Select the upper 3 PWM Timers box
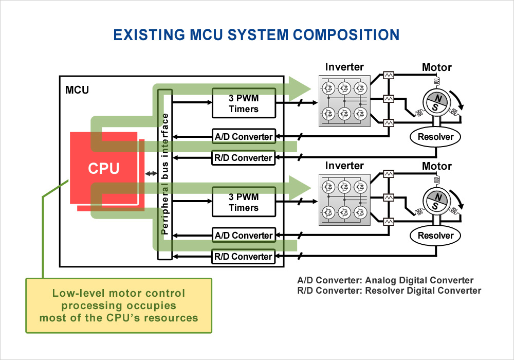click(x=244, y=103)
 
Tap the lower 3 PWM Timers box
click(x=244, y=202)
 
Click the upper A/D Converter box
click(x=244, y=136)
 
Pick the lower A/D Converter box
click(x=244, y=235)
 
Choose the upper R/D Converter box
click(x=244, y=157)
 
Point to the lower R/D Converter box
click(x=244, y=256)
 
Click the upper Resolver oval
click(x=435, y=137)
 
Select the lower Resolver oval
click(x=435, y=236)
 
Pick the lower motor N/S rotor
click(x=436, y=202)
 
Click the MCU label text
click(x=77, y=91)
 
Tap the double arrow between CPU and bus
click(x=151, y=174)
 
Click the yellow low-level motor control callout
click(x=119, y=305)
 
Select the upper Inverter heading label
click(x=344, y=67)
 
